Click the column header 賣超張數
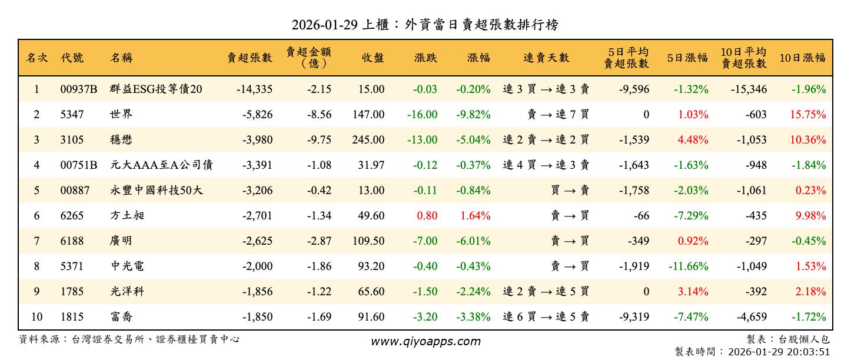click(x=250, y=58)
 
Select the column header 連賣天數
click(x=546, y=58)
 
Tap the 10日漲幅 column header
click(x=802, y=58)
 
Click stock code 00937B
click(x=79, y=89)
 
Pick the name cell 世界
click(x=119, y=115)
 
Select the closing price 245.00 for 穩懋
click(x=369, y=140)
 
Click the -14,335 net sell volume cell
click(x=254, y=89)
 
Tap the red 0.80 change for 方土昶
click(x=427, y=216)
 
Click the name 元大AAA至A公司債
click(x=161, y=165)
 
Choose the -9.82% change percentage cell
click(x=473, y=115)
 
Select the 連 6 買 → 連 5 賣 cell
click(x=546, y=317)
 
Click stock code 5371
click(x=72, y=266)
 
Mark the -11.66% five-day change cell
click(x=688, y=266)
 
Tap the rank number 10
click(x=36, y=317)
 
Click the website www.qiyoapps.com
click(x=425, y=341)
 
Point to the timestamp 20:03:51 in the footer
click(x=809, y=352)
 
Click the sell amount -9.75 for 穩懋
click(x=319, y=140)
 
